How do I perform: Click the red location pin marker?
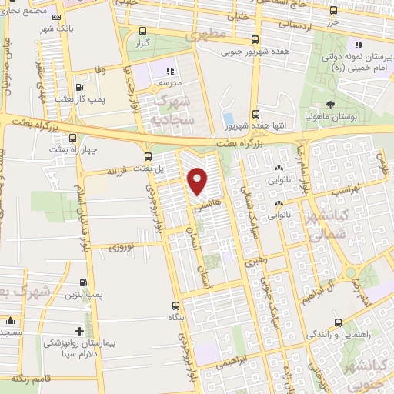198,181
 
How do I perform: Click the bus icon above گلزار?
142,32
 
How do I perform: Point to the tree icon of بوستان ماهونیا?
331,105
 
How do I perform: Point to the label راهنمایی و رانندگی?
339,335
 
